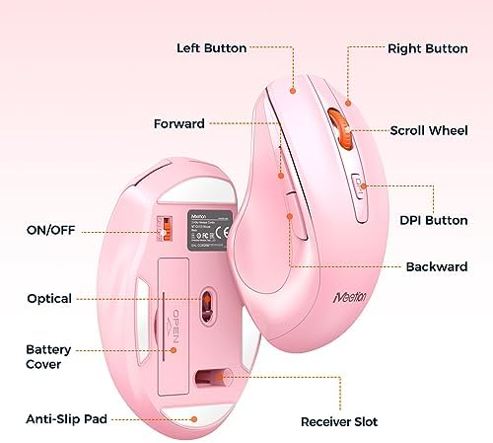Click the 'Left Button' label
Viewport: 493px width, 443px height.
[211, 47]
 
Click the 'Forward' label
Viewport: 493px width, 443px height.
[179, 124]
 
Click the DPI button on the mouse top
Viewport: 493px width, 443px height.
[356, 185]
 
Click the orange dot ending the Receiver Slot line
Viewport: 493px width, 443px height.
[230, 375]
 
